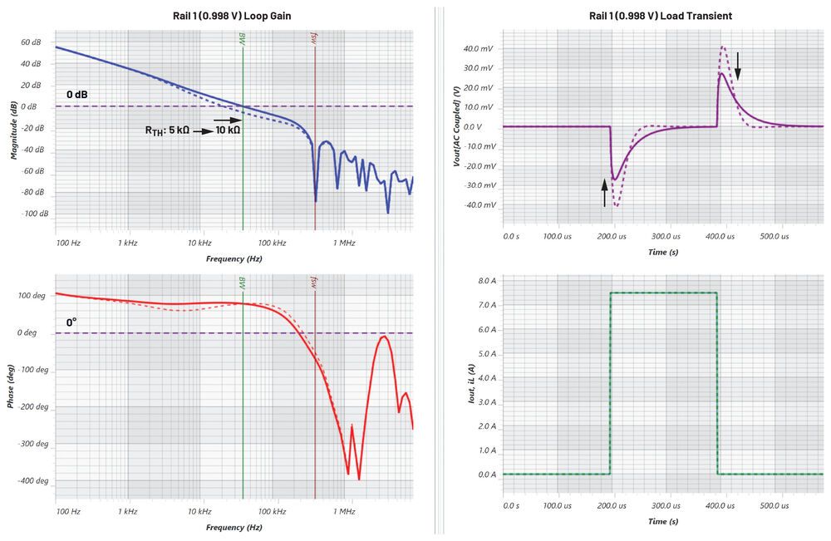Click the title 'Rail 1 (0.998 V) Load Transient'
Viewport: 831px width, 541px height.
[661, 16]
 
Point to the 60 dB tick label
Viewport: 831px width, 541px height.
[31, 42]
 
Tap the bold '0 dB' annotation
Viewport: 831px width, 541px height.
[77, 95]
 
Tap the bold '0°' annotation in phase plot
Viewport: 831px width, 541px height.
[71, 322]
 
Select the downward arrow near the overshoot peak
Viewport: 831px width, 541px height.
[737, 60]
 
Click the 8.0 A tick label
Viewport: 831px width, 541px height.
[484, 281]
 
